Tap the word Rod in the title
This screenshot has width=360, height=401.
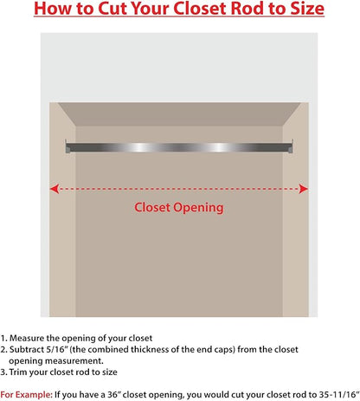pyautogui.click(x=247, y=9)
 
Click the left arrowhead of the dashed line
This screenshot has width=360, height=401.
pyautogui.click(x=55, y=189)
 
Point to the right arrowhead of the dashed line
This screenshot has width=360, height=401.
pyautogui.click(x=304, y=189)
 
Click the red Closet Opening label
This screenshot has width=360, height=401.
pyautogui.click(x=179, y=208)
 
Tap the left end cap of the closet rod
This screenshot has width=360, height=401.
pyautogui.click(x=67, y=147)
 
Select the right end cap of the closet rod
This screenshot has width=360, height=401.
pyautogui.click(x=291, y=146)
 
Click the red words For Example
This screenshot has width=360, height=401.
pyautogui.click(x=27, y=395)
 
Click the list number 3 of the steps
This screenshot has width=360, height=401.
pyautogui.click(x=3, y=372)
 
